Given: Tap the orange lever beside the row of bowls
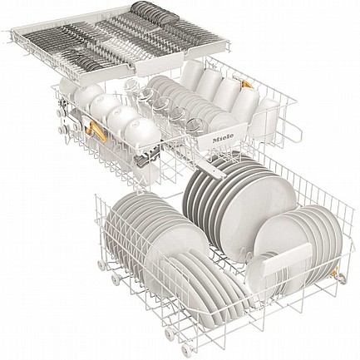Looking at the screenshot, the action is [96, 131].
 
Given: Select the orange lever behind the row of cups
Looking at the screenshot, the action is [247, 84].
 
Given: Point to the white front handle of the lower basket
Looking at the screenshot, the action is [288, 259].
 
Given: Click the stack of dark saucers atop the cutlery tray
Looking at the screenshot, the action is [155, 12].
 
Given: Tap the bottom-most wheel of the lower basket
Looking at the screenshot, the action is [186, 348].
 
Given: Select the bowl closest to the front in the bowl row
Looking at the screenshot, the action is [142, 133].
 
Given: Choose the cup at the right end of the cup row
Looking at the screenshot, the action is [267, 116].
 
